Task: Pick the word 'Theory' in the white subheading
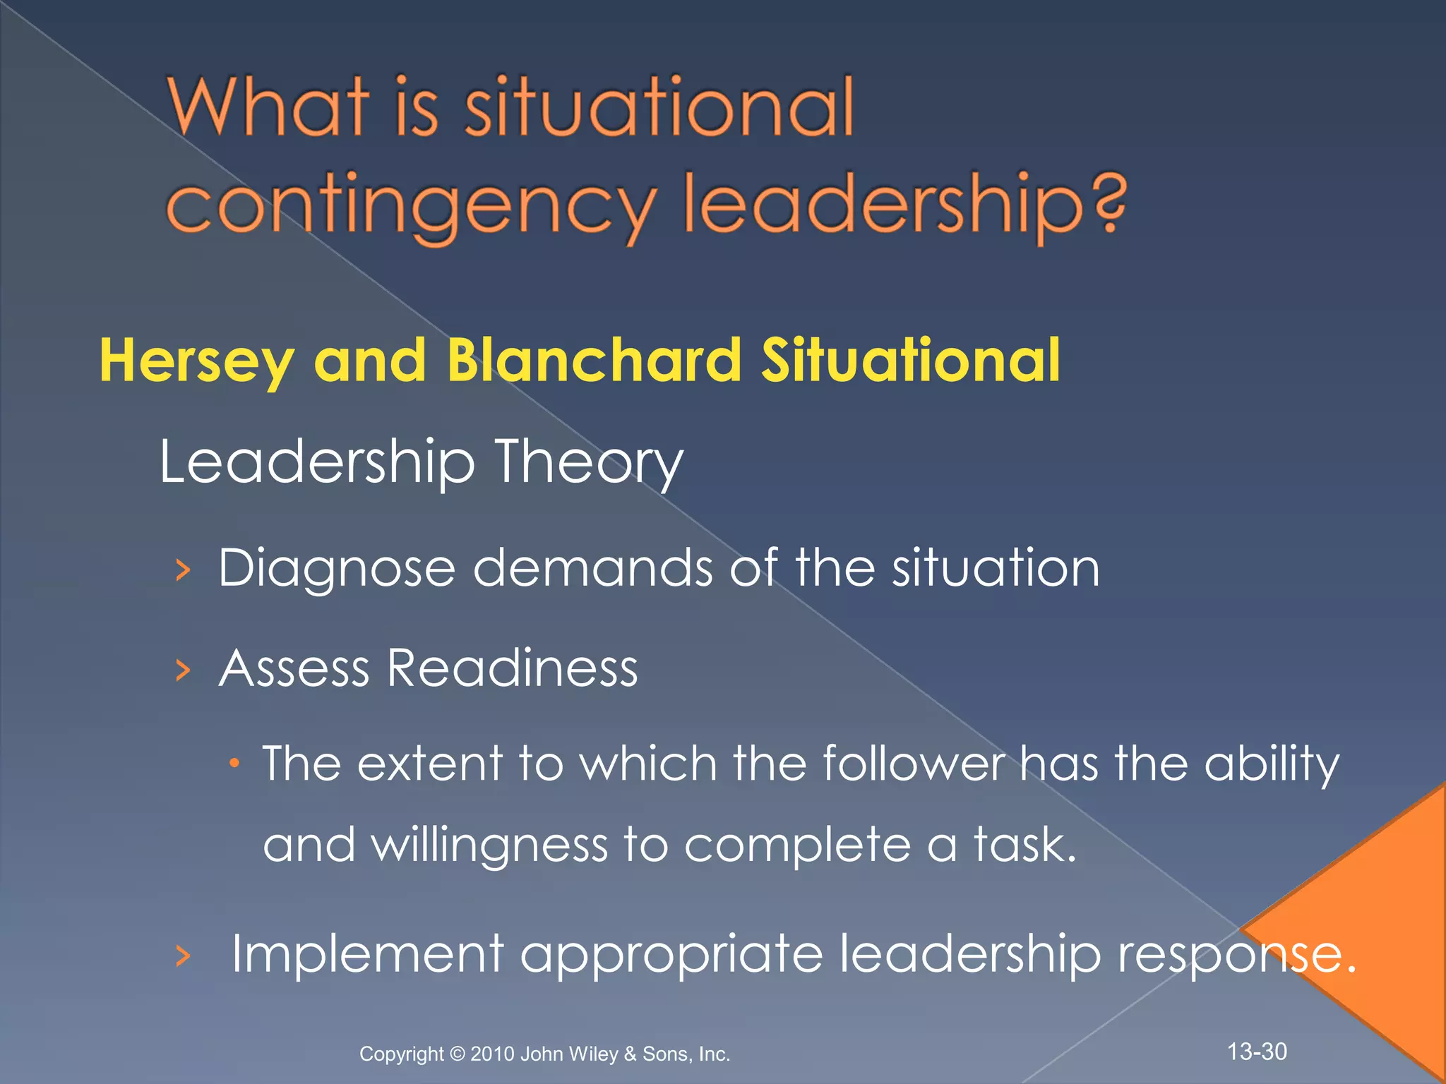pos(589,463)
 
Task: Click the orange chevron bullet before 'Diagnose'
pos(183,570)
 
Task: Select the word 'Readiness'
pos(513,668)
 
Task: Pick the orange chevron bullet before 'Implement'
pos(183,956)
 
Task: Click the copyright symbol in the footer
pos(457,1054)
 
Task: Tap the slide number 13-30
pos(1257,1052)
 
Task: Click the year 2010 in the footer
pos(492,1054)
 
